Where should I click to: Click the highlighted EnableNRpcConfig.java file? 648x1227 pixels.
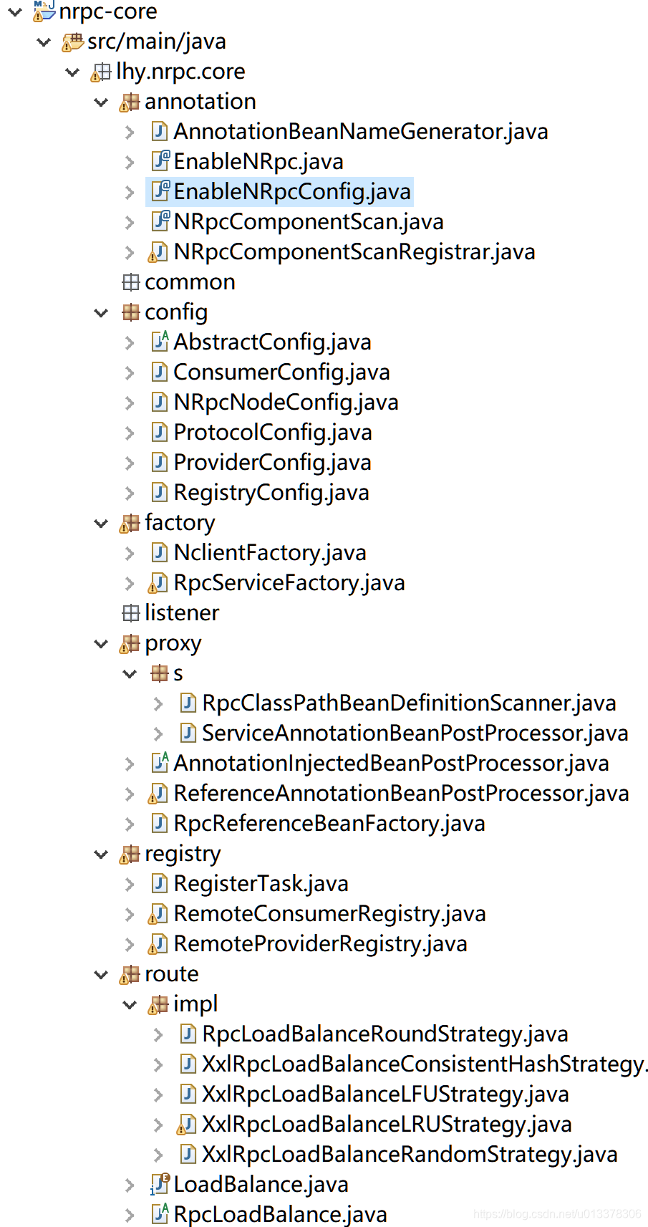[x=292, y=192]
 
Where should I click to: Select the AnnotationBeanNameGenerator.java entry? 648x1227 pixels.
[x=360, y=132]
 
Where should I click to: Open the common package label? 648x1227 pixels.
[x=190, y=282]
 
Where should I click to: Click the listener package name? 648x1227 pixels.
[x=182, y=613]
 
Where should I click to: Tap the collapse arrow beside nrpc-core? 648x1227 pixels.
[x=15, y=11]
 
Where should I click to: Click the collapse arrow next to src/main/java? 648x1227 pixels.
[x=43, y=42]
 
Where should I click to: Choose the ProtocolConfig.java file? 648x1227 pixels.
[x=273, y=432]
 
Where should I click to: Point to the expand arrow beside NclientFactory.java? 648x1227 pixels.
[x=130, y=553]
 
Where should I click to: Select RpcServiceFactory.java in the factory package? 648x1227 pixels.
[x=289, y=583]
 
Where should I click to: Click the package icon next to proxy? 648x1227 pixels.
[x=130, y=644]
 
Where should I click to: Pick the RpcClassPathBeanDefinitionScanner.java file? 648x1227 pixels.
[x=409, y=703]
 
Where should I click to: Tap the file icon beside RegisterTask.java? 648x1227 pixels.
[x=159, y=884]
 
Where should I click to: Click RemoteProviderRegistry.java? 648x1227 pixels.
[x=321, y=944]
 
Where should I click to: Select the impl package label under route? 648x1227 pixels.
[x=195, y=1004]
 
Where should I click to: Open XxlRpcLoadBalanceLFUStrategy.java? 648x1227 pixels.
[x=386, y=1094]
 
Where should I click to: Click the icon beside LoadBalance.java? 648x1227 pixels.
[x=160, y=1184]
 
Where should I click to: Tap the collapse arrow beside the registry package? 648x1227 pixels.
[x=101, y=854]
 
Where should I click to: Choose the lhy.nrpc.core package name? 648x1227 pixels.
[x=180, y=72]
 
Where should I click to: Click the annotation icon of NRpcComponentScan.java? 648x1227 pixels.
[x=160, y=222]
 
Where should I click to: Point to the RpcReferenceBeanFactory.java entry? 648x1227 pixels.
[x=329, y=824]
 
